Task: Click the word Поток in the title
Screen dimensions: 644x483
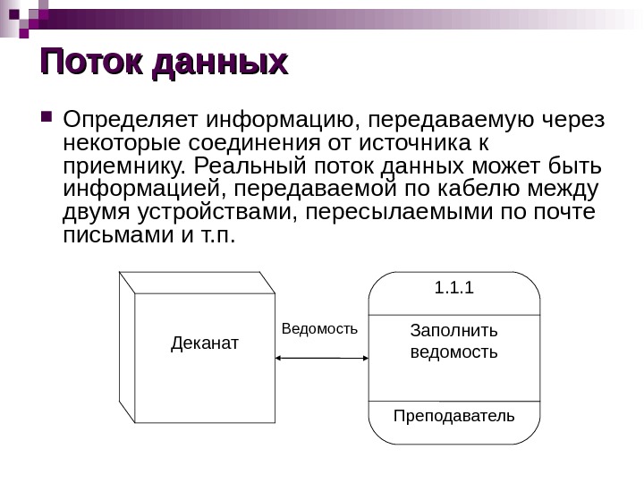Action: click(x=92, y=62)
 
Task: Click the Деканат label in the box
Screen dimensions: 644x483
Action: click(x=205, y=343)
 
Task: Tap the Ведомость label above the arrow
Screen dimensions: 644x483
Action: click(x=319, y=329)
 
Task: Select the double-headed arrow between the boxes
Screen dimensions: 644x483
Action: click(x=322, y=357)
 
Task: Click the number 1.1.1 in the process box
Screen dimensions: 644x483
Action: click(x=453, y=288)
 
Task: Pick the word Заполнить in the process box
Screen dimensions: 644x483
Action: click(x=453, y=331)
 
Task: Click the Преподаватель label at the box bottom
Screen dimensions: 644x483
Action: click(x=454, y=416)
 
